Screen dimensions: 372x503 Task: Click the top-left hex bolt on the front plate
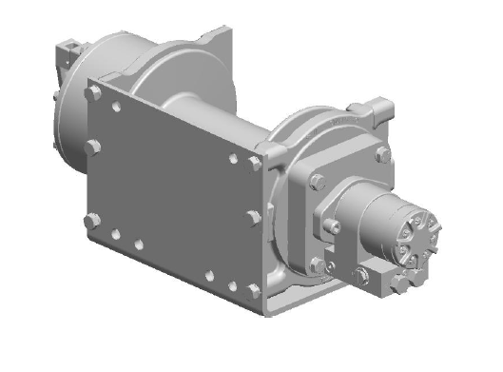[93, 93]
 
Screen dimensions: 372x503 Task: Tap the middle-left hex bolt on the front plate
[93, 147]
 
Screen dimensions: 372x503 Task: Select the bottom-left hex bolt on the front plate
[91, 220]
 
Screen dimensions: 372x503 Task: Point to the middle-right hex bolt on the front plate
[253, 218]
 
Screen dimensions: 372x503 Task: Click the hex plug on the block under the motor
[362, 276]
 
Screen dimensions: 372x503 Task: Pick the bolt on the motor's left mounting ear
[332, 226]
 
